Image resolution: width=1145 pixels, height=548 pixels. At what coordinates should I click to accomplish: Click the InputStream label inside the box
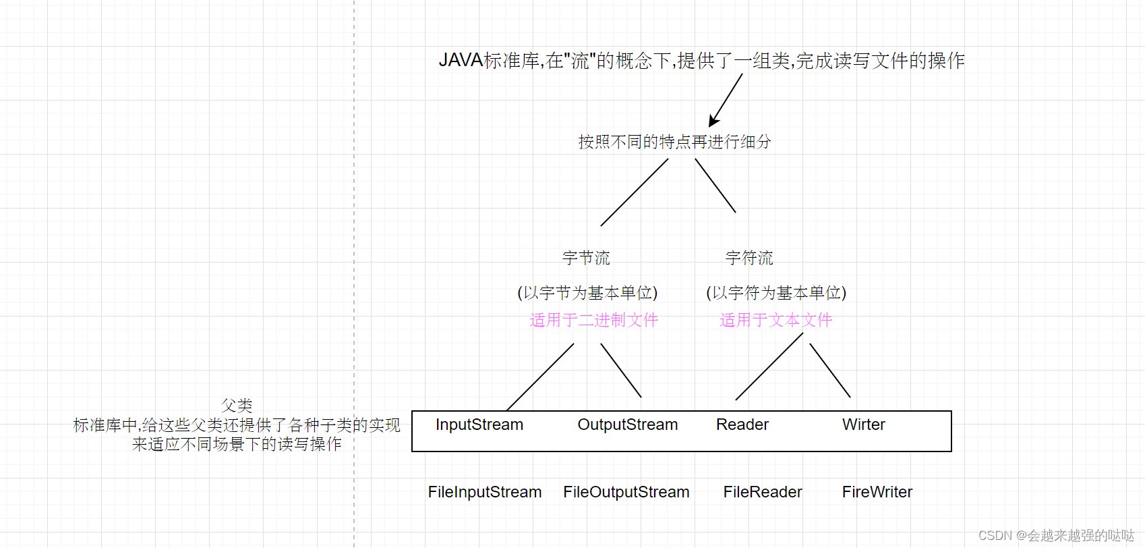click(x=479, y=424)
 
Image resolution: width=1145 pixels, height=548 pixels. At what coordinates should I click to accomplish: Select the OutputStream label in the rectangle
click(x=627, y=424)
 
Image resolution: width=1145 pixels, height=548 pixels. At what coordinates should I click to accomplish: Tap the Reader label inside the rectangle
click(x=742, y=424)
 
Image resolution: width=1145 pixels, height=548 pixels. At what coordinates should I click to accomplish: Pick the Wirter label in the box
click(x=863, y=424)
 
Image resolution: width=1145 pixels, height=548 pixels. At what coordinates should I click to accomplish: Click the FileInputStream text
click(x=484, y=492)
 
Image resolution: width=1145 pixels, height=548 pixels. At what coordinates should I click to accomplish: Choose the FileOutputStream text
click(x=626, y=492)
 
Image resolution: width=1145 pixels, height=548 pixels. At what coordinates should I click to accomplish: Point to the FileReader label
click(x=762, y=492)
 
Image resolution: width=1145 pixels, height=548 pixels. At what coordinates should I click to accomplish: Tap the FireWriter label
click(x=877, y=492)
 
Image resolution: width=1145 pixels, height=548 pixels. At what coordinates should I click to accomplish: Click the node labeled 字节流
click(x=585, y=258)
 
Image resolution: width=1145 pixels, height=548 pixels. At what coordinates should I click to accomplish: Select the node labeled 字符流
click(x=748, y=258)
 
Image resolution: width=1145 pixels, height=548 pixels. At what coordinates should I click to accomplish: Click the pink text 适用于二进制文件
click(x=593, y=320)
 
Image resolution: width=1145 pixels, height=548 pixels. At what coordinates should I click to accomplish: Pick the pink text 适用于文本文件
click(x=775, y=320)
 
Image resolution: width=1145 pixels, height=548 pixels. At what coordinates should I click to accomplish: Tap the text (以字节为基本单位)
click(x=587, y=293)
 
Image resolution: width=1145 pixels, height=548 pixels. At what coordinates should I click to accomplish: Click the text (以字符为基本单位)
click(x=775, y=293)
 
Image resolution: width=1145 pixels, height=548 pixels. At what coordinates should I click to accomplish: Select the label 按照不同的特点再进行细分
click(x=674, y=142)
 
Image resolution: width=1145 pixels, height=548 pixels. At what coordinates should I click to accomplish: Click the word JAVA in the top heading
click(x=461, y=61)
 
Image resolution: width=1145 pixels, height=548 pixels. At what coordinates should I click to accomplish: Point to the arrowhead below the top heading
click(x=713, y=121)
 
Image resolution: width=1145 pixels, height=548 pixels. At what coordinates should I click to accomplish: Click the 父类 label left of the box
click(x=237, y=405)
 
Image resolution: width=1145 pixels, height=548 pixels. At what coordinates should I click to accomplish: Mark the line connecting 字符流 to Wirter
click(x=830, y=371)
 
